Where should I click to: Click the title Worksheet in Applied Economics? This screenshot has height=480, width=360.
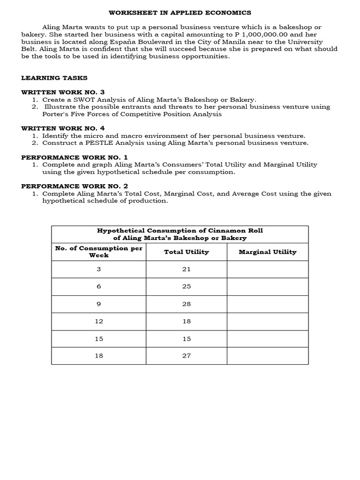(180, 13)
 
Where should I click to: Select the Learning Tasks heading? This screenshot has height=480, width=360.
(54, 78)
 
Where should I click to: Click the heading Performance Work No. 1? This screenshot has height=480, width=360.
(75, 157)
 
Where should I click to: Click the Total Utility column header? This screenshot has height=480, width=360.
(187, 252)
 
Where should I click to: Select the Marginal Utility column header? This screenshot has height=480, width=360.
(268, 252)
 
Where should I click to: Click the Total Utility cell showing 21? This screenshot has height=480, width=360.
(187, 269)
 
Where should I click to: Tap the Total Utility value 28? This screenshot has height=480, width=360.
(187, 304)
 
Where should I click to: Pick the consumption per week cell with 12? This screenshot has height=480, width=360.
(99, 321)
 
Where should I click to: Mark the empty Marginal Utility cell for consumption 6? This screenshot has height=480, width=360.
(268, 286)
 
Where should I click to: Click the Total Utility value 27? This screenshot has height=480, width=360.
(187, 356)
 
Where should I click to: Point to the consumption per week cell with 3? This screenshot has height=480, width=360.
(99, 269)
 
